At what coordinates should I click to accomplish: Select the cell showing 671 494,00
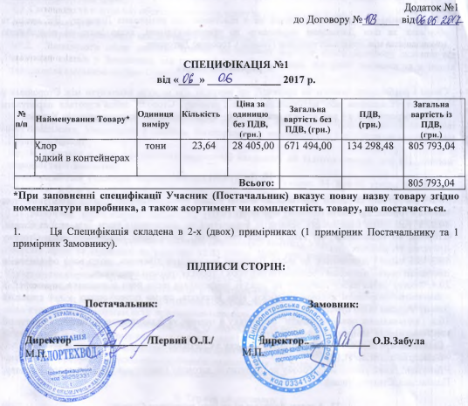click(309, 146)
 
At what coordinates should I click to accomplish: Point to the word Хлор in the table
click(45, 146)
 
